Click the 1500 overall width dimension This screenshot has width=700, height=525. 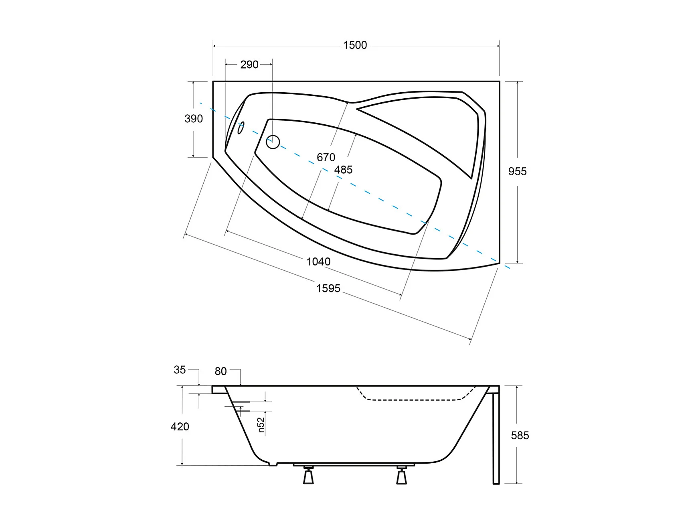355,45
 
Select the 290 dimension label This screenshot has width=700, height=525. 249,65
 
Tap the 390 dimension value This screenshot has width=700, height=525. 194,119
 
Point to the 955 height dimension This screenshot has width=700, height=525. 517,172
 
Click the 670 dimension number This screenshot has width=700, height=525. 326,157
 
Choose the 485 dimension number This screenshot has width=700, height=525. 343,170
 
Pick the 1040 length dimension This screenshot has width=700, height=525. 318,262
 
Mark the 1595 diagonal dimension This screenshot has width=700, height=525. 328,288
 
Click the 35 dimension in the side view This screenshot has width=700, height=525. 180,370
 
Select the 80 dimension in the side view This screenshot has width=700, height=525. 221,371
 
